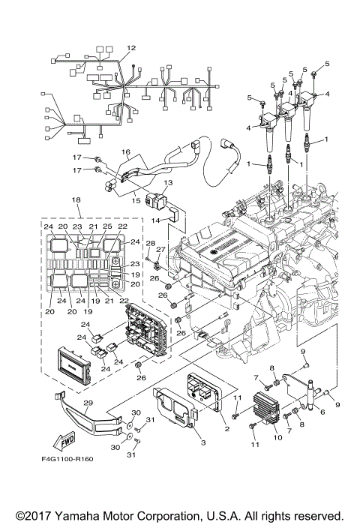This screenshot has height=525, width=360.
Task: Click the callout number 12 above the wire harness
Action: click(x=131, y=48)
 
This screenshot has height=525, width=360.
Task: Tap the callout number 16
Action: click(x=127, y=151)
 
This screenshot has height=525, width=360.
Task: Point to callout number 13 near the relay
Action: click(x=168, y=182)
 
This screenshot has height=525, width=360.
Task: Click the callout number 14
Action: click(x=156, y=221)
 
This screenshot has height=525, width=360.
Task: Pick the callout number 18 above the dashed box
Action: click(x=76, y=200)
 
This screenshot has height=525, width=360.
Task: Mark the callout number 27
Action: click(x=160, y=250)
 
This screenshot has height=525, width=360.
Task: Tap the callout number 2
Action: click(x=226, y=429)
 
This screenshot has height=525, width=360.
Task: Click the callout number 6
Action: click(x=323, y=412)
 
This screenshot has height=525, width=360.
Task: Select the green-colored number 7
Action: click(x=288, y=432)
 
